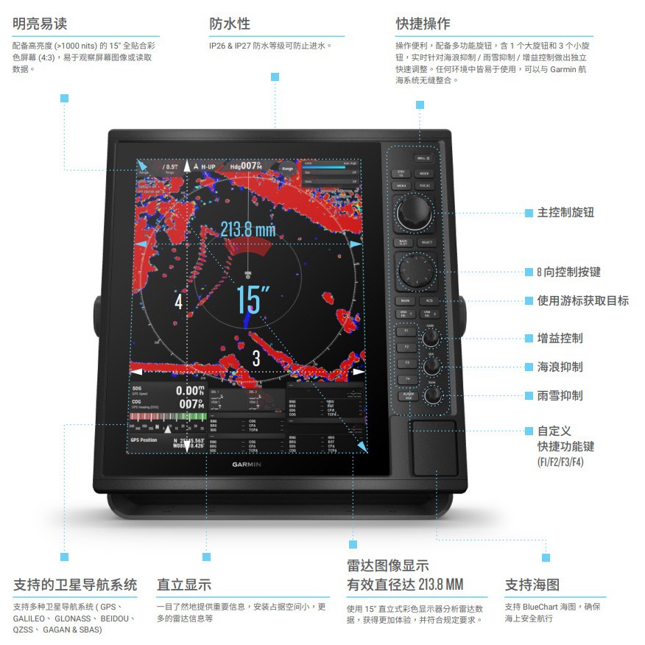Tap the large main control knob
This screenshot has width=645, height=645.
(414, 213)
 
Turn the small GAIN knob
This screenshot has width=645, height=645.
(431, 337)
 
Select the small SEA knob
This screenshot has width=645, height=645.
(431, 366)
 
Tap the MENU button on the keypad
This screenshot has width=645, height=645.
(401, 186)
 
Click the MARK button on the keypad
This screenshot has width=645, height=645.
(405, 300)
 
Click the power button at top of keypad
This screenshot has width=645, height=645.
(423, 158)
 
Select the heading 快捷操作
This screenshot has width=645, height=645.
(423, 24)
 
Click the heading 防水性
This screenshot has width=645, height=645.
(230, 24)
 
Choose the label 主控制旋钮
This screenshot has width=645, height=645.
(565, 213)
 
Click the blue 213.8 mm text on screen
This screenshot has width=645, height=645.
(248, 230)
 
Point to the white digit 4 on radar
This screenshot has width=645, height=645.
(178, 302)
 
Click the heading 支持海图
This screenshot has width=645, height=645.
(532, 585)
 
